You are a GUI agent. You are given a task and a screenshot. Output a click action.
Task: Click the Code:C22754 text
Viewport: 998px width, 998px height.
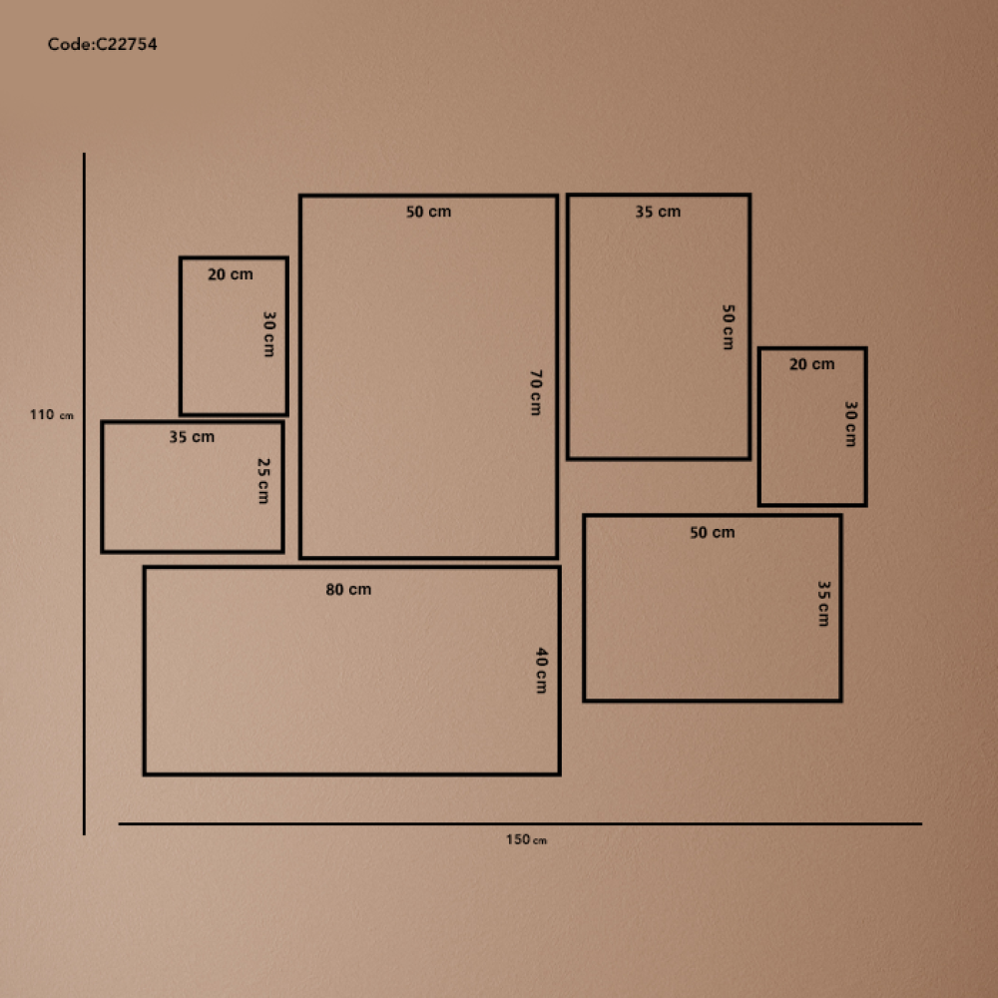click(103, 44)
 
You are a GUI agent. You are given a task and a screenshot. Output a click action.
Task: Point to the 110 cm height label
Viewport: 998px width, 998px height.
click(52, 415)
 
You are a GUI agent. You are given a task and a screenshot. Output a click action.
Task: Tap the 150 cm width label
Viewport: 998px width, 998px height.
click(526, 839)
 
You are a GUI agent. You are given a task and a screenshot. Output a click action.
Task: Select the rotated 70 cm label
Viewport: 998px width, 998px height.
click(536, 392)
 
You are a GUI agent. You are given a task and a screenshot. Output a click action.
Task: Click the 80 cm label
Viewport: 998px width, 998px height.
click(348, 590)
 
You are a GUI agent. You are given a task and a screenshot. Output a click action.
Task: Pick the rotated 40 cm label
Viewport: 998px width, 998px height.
click(541, 671)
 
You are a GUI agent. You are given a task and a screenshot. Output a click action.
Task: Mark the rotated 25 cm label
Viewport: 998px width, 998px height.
click(263, 481)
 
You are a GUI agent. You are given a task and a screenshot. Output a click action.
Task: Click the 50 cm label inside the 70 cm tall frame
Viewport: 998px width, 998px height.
click(428, 212)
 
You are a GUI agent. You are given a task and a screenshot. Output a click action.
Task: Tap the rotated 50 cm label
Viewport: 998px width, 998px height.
click(729, 327)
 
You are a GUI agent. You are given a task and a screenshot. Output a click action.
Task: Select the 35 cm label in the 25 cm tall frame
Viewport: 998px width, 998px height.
click(192, 437)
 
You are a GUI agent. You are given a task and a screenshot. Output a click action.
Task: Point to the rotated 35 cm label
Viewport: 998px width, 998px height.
click(823, 604)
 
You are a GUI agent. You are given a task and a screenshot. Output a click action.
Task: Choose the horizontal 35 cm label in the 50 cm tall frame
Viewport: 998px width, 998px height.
click(658, 212)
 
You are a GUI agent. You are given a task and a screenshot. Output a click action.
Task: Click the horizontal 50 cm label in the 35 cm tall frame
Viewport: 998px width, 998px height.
click(713, 532)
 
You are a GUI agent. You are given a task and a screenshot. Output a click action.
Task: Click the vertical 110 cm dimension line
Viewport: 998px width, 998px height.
click(84, 493)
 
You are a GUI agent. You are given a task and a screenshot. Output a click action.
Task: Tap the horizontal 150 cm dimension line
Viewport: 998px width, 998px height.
click(520, 823)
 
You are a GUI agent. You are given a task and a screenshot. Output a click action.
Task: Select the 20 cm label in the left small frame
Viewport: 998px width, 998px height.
click(230, 274)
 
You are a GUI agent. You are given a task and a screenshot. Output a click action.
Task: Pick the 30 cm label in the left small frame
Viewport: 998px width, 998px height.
click(269, 333)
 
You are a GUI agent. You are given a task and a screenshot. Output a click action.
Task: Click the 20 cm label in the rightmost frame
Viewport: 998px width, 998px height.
click(811, 364)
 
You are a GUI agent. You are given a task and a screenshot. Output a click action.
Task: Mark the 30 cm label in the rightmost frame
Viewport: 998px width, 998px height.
click(850, 424)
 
